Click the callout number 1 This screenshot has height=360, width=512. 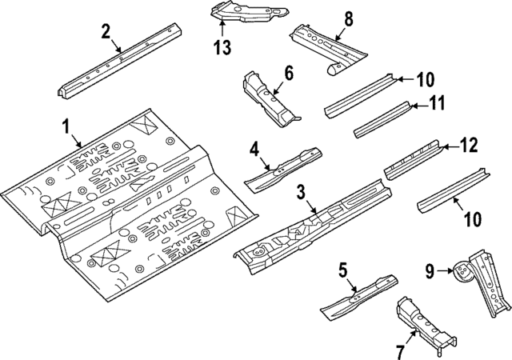[x=65, y=127]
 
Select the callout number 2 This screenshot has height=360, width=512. [x=105, y=32]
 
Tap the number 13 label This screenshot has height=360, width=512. [x=222, y=47]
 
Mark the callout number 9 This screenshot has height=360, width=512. [x=430, y=272]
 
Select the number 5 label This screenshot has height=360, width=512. [x=342, y=271]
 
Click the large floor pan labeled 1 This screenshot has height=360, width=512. [x=128, y=208]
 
